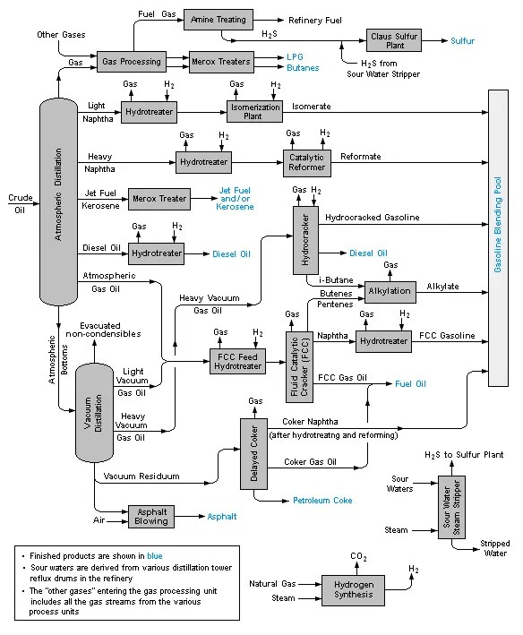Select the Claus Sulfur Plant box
[x=393, y=41]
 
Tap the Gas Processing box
[x=132, y=63]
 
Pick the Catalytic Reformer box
[x=306, y=162]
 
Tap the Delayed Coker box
[x=255, y=453]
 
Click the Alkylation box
[x=389, y=291]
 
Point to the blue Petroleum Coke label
[x=322, y=500]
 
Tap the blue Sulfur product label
[x=463, y=41]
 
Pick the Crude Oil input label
[x=20, y=203]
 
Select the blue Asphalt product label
[x=222, y=517]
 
